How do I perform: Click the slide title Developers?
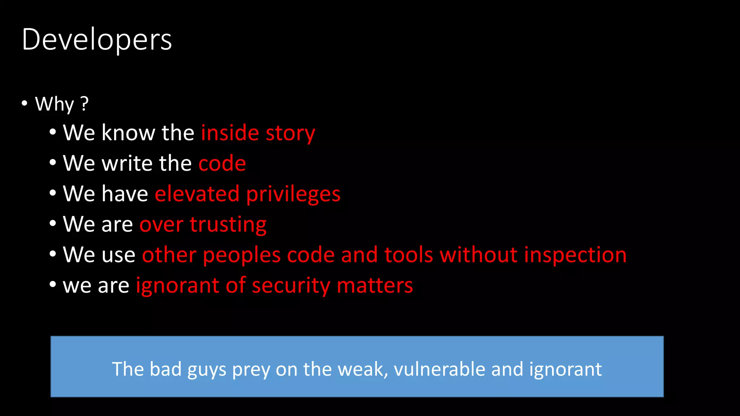pos(97,39)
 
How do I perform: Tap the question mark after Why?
pos(85,104)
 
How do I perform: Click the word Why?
pos(55,104)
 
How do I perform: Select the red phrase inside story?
pos(258,133)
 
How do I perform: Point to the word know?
pos(128,133)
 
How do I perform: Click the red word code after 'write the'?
pos(222,163)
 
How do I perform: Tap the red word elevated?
pos(197,194)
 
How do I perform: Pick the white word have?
pos(125,194)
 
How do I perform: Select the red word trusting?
pos(228,225)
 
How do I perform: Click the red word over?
pos(162,225)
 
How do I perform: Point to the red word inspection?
pos(575,255)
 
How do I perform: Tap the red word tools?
pos(409,255)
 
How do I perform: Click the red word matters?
pos(375,286)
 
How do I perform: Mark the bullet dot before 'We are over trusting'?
pos(53,224)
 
